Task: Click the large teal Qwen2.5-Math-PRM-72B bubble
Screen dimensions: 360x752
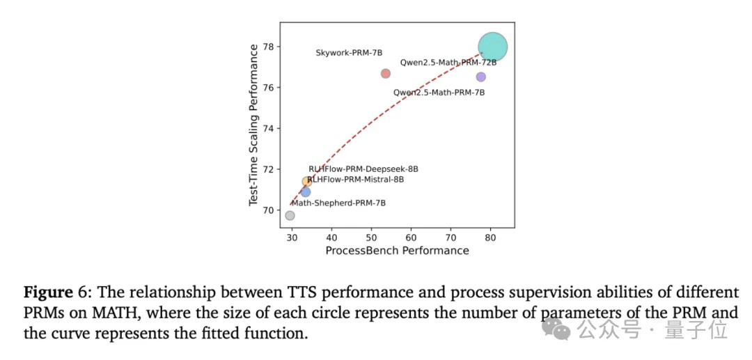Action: tap(492, 47)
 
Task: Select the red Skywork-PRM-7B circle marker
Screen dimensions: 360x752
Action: tap(386, 74)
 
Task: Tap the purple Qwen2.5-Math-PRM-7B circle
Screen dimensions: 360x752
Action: tap(480, 77)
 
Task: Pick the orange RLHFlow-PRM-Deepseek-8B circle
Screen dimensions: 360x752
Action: tap(306, 182)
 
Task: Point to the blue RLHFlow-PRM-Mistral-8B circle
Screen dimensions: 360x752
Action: tap(306, 191)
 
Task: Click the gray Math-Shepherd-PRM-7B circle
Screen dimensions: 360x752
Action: tap(290, 215)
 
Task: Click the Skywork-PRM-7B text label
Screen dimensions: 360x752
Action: tap(349, 53)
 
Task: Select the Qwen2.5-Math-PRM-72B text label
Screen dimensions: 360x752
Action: tap(448, 63)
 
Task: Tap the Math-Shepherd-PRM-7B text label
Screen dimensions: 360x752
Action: tap(338, 203)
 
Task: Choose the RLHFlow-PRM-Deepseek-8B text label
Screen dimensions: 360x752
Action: tap(363, 169)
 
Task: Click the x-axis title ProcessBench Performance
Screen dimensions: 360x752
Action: tap(397, 251)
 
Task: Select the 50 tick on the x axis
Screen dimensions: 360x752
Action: tap(371, 237)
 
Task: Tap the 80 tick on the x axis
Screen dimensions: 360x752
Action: tap(491, 237)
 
